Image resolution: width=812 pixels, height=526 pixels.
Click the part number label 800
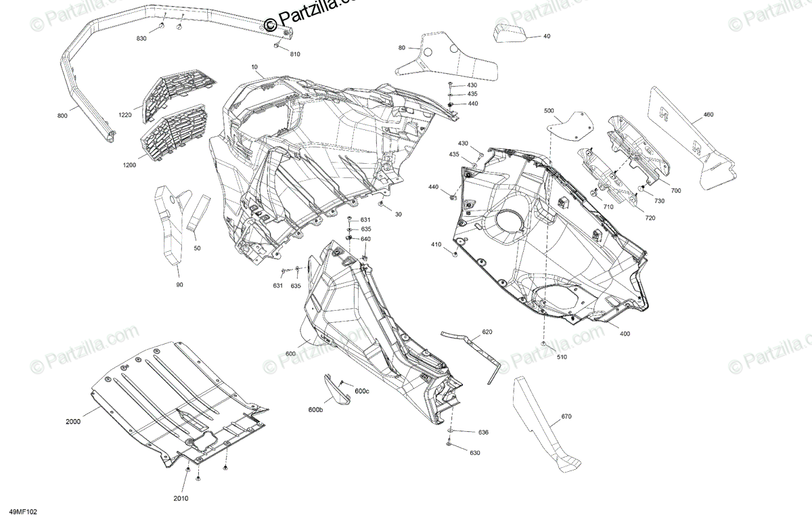[62, 116]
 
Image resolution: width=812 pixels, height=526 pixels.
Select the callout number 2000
[73, 422]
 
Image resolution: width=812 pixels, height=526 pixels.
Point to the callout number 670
[566, 416]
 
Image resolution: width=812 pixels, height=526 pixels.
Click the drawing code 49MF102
[23, 513]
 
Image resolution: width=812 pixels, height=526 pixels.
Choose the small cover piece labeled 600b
[334, 392]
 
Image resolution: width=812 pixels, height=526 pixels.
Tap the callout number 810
[295, 53]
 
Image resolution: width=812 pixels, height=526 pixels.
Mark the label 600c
[362, 391]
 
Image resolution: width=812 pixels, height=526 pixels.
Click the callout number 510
[562, 357]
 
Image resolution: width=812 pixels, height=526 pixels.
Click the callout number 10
[254, 67]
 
